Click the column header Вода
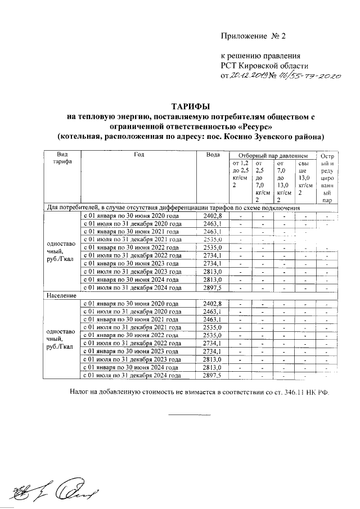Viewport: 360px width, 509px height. tap(213, 155)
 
